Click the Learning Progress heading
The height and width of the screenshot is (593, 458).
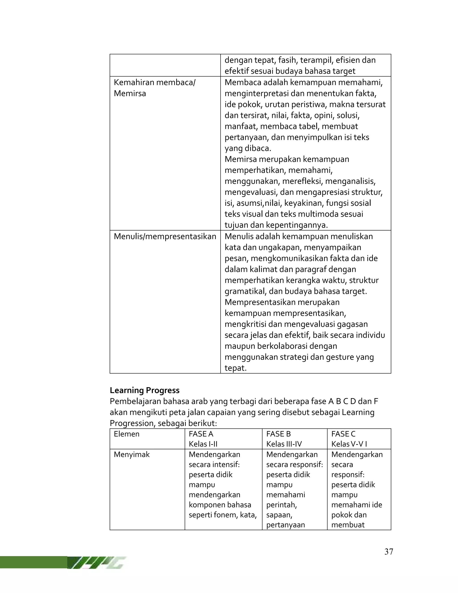coord(145,390)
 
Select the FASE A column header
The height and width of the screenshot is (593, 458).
coord(201,434)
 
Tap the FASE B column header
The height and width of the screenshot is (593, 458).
coord(278,434)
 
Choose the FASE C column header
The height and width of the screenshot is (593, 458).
coord(343,434)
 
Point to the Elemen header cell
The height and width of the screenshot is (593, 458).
coord(126,434)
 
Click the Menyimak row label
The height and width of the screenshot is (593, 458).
coord(131,454)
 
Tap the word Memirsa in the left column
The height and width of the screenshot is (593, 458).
coord(130,93)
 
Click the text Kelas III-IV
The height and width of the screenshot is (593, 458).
coord(284,444)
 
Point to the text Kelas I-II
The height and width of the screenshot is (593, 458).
coord(203,444)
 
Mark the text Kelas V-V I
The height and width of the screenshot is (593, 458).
coord(349,444)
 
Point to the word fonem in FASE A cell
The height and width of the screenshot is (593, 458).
coord(227,515)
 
